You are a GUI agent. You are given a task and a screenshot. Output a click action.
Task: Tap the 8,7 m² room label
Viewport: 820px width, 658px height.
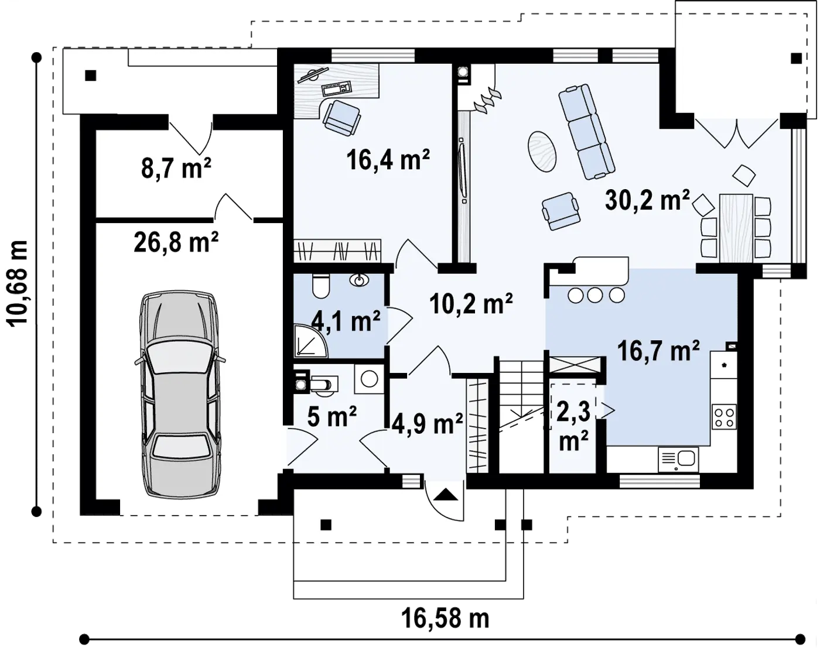pyautogui.click(x=176, y=168)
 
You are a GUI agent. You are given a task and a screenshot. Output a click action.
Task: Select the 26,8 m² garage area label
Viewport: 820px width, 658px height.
pyautogui.click(x=176, y=242)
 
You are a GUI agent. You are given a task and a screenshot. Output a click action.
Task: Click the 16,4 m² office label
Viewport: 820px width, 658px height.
pyautogui.click(x=388, y=159)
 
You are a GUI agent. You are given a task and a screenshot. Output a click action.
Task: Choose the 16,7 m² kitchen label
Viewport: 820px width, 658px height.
pyautogui.click(x=658, y=351)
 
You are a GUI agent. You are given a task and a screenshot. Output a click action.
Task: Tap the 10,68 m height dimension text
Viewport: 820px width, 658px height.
pyautogui.click(x=17, y=283)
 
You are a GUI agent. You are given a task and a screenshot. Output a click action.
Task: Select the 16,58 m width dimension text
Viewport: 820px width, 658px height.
pyautogui.click(x=445, y=618)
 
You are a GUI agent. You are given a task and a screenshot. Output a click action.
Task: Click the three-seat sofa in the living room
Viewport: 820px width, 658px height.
pyautogui.click(x=586, y=131)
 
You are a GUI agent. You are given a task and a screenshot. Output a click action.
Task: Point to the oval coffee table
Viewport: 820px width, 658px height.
pyautogui.click(x=542, y=152)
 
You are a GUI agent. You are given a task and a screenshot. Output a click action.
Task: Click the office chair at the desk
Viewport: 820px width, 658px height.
pyautogui.click(x=341, y=117)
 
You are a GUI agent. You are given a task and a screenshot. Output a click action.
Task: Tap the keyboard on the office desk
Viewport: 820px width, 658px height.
pyautogui.click(x=336, y=89)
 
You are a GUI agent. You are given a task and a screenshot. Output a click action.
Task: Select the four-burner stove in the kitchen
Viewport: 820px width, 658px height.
pyautogui.click(x=723, y=417)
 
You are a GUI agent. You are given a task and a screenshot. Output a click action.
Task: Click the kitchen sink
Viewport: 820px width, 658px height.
pyautogui.click(x=678, y=460)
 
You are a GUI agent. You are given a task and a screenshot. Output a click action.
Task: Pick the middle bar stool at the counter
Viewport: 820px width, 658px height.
pyautogui.click(x=595, y=294)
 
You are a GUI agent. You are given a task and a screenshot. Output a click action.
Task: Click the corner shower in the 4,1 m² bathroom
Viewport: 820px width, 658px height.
pyautogui.click(x=310, y=341)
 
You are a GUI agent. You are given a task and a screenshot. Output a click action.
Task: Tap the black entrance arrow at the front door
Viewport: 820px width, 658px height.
pyautogui.click(x=446, y=495)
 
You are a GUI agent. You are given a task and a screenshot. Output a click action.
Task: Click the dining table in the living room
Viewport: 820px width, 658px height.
pyautogui.click(x=736, y=228)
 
